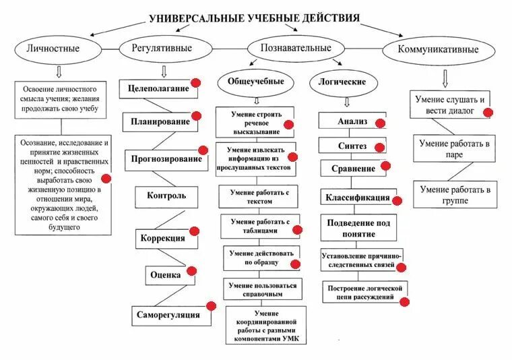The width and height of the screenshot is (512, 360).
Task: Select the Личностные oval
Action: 53,49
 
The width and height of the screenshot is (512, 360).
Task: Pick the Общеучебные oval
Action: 251,82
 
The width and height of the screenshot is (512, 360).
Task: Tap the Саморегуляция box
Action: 168,314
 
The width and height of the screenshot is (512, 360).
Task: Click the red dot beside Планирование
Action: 196,117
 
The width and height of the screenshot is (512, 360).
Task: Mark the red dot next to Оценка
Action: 191,271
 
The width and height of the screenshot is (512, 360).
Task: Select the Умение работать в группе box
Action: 454,195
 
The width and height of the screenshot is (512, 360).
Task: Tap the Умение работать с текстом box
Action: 258,196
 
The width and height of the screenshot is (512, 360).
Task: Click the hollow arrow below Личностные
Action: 59,71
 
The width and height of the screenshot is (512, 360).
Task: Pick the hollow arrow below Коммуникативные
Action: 445,79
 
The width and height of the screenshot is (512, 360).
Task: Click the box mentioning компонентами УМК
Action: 265,324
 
